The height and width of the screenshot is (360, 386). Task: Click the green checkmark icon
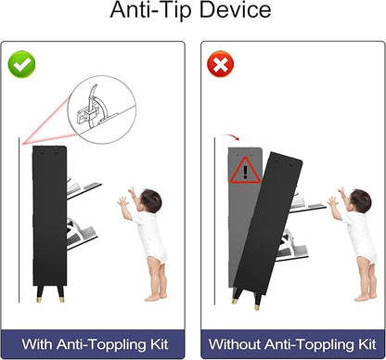21,64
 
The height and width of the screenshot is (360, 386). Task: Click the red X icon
220,64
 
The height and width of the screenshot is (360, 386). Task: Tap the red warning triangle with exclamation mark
245,170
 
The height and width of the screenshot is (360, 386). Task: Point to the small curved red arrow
231,136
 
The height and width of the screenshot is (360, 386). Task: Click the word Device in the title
235,10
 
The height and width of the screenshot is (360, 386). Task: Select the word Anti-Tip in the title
151,10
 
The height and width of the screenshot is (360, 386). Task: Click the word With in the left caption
37,344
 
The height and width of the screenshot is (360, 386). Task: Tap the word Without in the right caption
234,344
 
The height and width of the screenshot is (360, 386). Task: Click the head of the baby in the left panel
149,200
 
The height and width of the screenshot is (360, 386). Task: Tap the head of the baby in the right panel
360,200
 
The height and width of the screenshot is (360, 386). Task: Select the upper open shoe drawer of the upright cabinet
84,187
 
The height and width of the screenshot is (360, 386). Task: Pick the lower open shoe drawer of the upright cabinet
82,234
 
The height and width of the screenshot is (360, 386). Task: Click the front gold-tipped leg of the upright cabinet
60,293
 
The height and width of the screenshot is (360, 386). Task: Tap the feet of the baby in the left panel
156,297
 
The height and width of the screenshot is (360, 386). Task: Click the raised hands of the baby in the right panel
336,198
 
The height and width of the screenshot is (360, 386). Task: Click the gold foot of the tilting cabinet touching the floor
256,307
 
